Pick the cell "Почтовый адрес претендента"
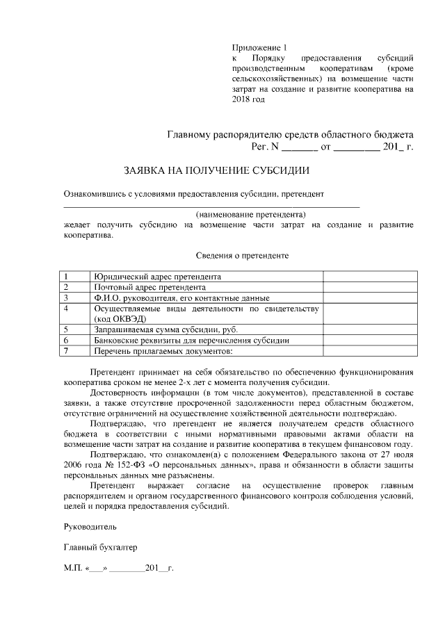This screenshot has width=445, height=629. coord(149,287)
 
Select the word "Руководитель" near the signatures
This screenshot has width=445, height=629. coord(86,527)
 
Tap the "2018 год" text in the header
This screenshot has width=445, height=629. coord(248,99)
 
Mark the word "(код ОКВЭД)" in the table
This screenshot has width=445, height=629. coord(120,318)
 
